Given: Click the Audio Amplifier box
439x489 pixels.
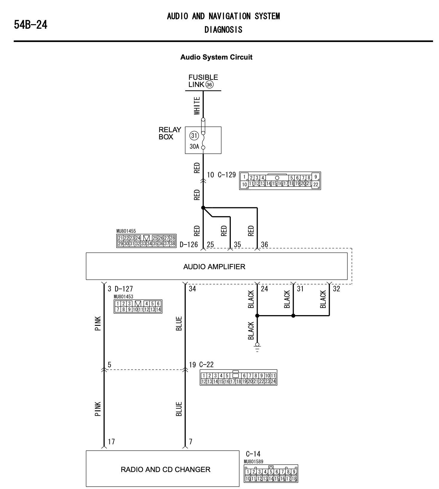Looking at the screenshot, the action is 217,266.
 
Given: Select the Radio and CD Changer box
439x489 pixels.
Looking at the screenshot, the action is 163,470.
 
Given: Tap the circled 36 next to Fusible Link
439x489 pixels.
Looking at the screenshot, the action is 209,85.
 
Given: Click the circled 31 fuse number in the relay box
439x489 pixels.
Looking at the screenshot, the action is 194,136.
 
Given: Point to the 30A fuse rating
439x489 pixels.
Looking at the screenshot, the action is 194,147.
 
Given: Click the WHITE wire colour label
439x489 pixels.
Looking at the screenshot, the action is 197,106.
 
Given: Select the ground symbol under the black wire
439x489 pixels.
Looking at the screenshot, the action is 257,347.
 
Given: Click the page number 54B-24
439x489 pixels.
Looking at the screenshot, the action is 31,25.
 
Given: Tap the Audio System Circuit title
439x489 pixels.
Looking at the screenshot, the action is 216,57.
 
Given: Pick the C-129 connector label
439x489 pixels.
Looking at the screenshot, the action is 227,175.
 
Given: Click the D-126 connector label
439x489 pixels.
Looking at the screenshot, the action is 189,245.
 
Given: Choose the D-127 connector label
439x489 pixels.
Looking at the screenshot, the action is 124,289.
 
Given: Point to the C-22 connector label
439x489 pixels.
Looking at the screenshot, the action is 206,365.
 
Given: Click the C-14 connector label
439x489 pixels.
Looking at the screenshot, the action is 253,454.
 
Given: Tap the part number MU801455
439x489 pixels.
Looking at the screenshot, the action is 126,231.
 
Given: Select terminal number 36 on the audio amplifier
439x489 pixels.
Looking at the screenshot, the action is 265,245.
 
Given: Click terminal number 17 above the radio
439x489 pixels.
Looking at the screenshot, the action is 111,442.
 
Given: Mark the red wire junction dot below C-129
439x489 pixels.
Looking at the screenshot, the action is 203,208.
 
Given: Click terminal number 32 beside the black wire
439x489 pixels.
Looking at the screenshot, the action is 336,289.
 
